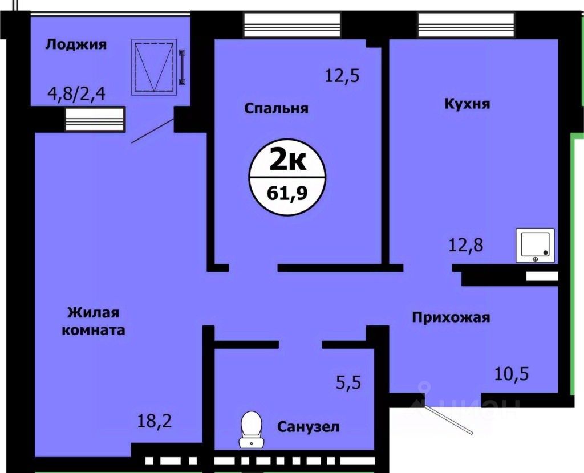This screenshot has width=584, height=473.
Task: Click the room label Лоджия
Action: tap(76, 44)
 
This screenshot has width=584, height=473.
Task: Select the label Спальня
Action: tap(276, 108)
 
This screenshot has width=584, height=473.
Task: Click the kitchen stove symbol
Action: tap(535, 246)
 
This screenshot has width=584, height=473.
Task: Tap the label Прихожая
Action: tap(451, 317)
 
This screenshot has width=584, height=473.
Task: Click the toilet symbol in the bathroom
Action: tap(250, 429)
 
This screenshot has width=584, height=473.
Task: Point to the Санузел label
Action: tap(309, 426)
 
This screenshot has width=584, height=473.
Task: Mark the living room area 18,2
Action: tap(155, 422)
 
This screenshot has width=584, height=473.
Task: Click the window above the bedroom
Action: tap(291, 25)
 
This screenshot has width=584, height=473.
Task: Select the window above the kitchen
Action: tap(467, 25)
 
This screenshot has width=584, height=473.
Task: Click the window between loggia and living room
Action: tap(94, 120)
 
